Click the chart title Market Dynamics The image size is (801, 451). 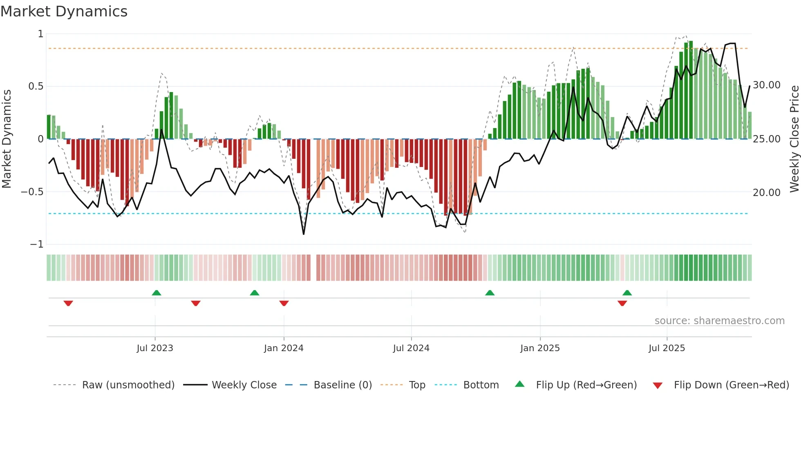64,11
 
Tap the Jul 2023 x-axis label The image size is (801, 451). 155,348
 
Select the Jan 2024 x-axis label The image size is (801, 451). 284,348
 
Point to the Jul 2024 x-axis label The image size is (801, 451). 411,348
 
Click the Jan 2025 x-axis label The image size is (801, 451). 540,348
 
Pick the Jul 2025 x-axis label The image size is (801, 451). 667,348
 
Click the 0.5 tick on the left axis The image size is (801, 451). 36,86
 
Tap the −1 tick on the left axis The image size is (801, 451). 36,244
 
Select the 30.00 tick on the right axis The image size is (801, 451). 767,85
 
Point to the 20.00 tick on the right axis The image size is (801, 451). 767,192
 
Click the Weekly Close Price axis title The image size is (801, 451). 794,139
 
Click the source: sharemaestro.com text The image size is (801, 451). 719,321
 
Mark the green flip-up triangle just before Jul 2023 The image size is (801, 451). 157,293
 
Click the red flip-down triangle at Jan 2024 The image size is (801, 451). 284,303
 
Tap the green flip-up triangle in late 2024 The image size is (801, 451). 490,293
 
